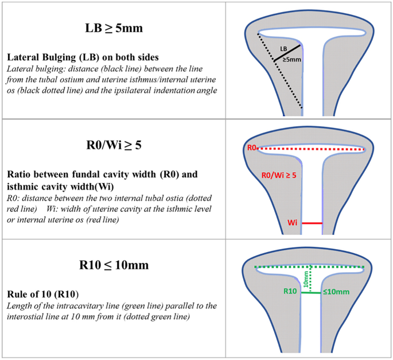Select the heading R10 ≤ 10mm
pos(115,265)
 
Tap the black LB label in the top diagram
pos(284,50)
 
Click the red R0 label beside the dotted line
pos(251,148)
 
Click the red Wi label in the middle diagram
pos(293,223)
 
